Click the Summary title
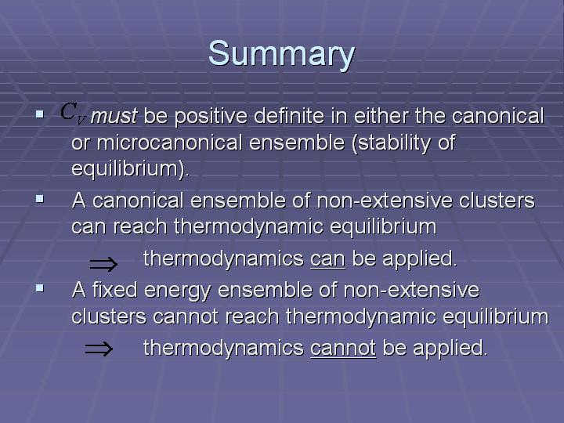(282, 54)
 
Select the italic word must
(114, 116)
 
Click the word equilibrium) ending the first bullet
(130, 168)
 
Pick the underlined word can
(327, 259)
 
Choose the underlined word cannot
(343, 348)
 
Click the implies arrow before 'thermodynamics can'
(103, 264)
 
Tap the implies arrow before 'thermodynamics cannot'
(99, 349)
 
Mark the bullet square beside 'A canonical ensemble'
(40, 199)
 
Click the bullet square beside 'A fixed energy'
(40, 287)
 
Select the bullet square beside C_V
(40, 114)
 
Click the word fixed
(114, 290)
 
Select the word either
(381, 116)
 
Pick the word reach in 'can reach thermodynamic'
(140, 226)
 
